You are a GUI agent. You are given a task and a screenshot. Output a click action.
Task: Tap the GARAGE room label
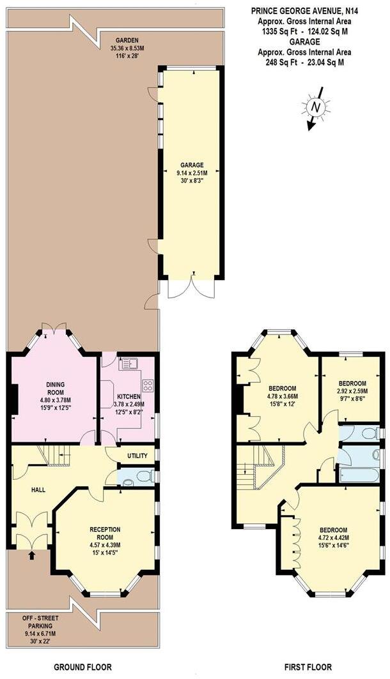191,165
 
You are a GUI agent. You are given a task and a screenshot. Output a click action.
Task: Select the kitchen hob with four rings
147,385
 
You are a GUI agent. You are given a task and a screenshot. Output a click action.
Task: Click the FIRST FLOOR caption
309,668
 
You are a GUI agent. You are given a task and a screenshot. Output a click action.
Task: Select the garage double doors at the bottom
191,290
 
